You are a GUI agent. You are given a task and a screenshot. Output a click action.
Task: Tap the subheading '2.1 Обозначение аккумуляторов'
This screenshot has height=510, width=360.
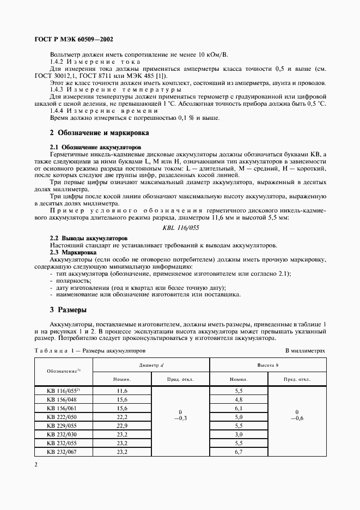[x=95, y=147]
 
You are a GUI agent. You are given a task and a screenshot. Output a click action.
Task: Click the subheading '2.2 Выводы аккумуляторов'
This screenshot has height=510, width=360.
[x=89, y=238]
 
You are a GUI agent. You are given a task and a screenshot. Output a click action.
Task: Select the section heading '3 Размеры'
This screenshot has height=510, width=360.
[x=68, y=309]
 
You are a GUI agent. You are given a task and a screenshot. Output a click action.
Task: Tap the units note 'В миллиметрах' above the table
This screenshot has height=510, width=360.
[x=304, y=351]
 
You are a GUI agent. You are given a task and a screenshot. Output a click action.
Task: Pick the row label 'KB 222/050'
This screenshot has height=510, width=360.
[x=63, y=417]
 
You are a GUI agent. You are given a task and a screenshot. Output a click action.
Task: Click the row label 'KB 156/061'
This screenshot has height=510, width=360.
[x=63, y=408]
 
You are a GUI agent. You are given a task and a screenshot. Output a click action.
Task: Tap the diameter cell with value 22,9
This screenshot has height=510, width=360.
[x=121, y=426]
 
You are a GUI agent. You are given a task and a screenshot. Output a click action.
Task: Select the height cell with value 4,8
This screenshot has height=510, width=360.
[x=239, y=399]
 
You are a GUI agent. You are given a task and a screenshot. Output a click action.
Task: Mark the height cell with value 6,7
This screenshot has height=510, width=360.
[x=239, y=452]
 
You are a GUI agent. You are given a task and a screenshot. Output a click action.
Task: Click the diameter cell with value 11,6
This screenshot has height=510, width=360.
[x=121, y=391]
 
